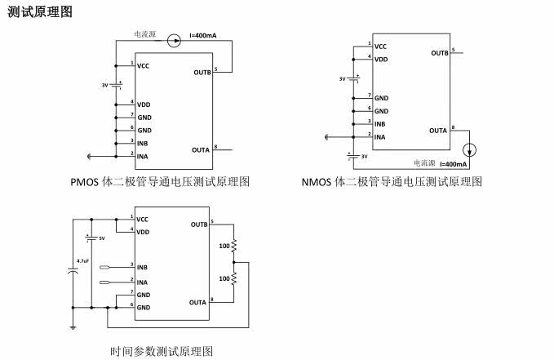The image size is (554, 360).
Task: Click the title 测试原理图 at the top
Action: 40,12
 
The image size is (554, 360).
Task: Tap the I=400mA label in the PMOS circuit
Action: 203,35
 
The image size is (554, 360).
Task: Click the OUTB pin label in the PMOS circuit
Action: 202,73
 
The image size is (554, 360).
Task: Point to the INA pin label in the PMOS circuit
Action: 143,156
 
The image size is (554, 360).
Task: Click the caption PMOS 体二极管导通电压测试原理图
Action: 160,181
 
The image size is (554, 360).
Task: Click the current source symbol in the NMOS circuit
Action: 468,151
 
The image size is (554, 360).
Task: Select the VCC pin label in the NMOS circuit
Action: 380,47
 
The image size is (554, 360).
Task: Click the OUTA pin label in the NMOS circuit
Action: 437,131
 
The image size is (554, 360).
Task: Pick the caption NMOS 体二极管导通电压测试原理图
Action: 392,181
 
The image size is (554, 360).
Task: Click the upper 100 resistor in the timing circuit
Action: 234,245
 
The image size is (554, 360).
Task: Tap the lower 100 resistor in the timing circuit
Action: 234,278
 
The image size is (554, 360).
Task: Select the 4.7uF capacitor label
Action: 82,260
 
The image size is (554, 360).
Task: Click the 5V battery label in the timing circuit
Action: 101,238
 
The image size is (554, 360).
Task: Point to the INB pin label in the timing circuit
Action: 142,267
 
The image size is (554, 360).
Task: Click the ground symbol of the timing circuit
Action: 73,326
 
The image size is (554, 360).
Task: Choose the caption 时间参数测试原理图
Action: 162,351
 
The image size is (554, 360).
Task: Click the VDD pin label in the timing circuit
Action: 143,233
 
